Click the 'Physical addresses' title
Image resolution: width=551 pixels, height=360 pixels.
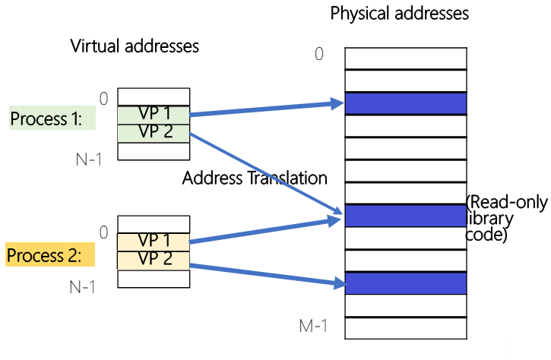point(399,14)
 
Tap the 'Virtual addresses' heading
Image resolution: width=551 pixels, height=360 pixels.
point(135,46)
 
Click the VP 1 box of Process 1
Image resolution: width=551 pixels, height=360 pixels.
point(154,115)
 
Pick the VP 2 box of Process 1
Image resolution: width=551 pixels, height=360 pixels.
point(154,132)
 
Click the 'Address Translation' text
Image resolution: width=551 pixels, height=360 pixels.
point(255,179)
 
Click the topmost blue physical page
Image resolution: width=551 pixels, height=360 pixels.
point(405,103)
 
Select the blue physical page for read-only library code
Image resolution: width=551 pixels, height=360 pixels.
point(405,216)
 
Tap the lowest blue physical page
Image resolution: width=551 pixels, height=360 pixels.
point(405,283)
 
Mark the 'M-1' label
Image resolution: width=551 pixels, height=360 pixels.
point(312,327)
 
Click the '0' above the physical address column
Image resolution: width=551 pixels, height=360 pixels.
point(319,54)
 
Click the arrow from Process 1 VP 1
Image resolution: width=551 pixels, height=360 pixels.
point(266,109)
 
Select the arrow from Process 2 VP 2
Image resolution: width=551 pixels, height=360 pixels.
point(266,275)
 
